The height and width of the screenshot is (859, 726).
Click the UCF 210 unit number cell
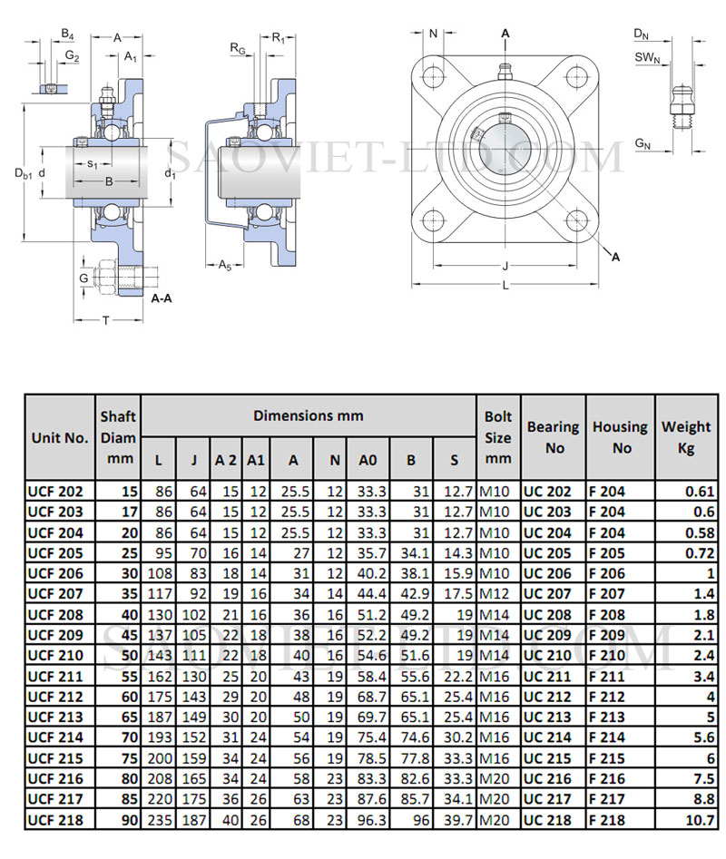click(x=56, y=655)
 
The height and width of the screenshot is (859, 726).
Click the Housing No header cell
click(x=620, y=436)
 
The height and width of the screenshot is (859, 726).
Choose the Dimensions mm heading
click(x=309, y=415)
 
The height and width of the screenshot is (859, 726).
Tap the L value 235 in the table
click(x=159, y=821)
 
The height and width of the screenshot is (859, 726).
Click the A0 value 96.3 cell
click(x=367, y=821)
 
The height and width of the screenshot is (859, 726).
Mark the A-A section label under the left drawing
click(x=163, y=298)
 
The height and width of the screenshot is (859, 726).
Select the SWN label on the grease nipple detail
click(x=645, y=57)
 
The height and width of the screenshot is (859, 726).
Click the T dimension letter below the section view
click(x=106, y=319)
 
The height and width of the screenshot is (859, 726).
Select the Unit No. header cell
click(x=60, y=437)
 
